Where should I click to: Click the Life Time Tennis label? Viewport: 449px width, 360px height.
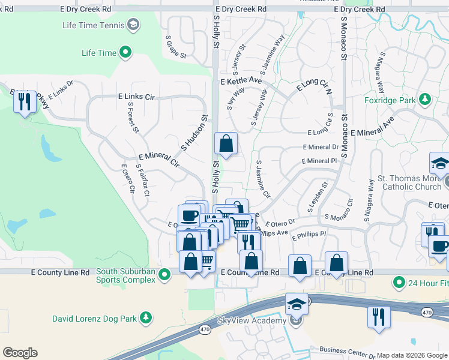coord(94,25)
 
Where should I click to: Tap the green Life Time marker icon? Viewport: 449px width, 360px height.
coord(125,53)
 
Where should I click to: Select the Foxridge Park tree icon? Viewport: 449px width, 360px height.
coord(425,99)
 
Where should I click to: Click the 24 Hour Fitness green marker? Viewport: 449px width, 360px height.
coord(398,281)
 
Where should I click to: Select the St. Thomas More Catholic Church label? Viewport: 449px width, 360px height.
coord(409,183)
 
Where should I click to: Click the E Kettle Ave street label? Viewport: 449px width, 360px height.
coord(241,80)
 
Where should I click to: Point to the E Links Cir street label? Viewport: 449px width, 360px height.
coord(136,97)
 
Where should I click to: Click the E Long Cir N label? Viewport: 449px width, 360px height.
coord(314,89)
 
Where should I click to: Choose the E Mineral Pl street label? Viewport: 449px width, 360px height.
coord(319,161)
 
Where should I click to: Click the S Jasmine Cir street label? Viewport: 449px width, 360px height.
coord(263,179)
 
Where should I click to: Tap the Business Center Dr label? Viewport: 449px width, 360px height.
coord(348,350)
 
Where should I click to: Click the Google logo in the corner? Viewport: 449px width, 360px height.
coord(20,353)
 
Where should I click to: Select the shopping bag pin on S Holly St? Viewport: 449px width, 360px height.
coord(226,144)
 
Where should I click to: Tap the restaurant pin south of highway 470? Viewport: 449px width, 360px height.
coord(379,317)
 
